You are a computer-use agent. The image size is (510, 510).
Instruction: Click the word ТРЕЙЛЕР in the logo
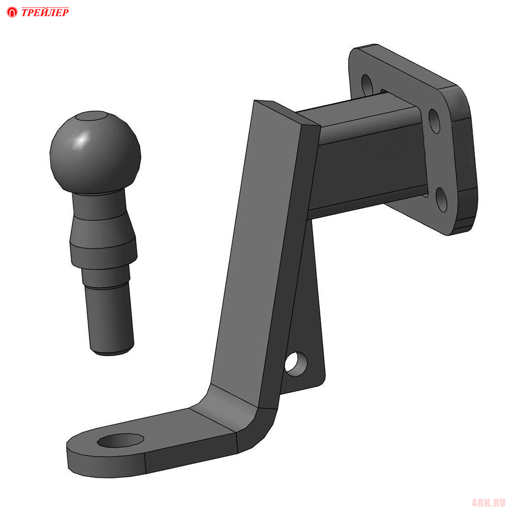coord(45,12)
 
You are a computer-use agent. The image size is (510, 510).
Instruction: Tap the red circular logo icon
coord(12,12)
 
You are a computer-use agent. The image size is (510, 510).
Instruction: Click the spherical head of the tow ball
coord(95,152)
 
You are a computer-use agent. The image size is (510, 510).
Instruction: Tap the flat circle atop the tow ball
coord(91,116)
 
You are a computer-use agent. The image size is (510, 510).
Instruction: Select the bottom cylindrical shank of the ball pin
coord(109,319)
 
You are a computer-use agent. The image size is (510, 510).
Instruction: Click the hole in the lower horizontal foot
coord(121,440)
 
